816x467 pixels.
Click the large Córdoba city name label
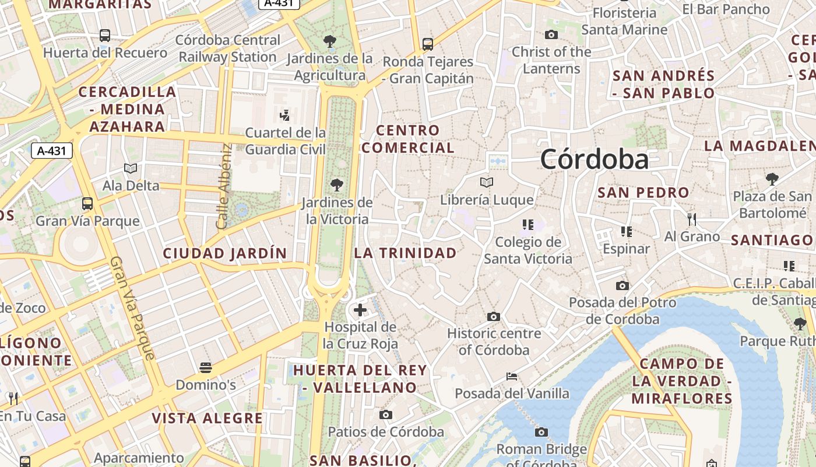pos(594,159)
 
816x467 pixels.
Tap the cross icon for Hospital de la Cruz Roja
pos(360,309)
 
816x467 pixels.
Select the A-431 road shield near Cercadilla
pos(51,151)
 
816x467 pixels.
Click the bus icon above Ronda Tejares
pos(428,44)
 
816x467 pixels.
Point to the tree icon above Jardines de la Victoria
pos(336,185)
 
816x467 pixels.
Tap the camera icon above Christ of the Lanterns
pos(551,35)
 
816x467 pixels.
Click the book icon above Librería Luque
pos(487,183)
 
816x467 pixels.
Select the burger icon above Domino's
pos(205,368)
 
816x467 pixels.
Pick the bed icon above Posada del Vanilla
pos(512,377)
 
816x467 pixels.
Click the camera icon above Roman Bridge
pos(541,433)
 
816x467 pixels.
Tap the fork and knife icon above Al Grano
pos(692,219)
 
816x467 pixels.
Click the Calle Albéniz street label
pos(224,186)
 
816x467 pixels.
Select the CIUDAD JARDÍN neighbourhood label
pos(225,253)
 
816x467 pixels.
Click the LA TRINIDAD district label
pos(406,253)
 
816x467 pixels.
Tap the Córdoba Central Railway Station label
pos(227,48)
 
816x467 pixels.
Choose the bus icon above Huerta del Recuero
pos(105,36)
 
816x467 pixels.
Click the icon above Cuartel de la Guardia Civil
pos(285,115)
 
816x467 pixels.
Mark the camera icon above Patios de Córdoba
pos(385,415)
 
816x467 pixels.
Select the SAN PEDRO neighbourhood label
pos(643,192)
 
